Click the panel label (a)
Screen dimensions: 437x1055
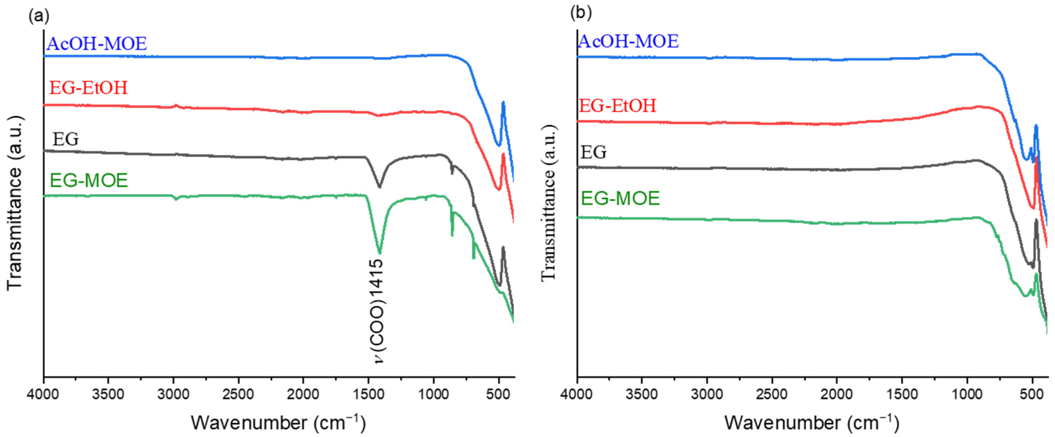39,16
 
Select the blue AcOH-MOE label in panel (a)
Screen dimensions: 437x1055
97,44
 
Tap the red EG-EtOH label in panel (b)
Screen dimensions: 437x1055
617,106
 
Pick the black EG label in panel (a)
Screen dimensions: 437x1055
66,139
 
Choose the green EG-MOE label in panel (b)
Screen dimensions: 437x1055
620,199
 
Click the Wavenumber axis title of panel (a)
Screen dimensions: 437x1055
278,422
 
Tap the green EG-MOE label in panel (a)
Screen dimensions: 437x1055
89,180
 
